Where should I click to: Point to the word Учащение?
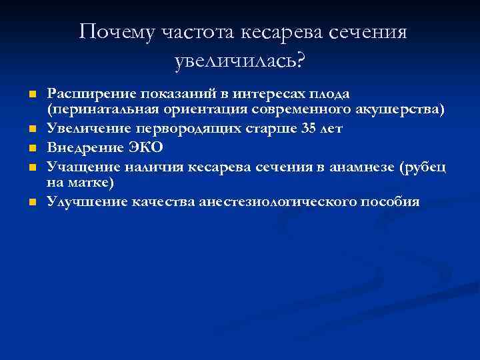pos(77,167)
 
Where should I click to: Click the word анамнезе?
pos(360,167)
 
